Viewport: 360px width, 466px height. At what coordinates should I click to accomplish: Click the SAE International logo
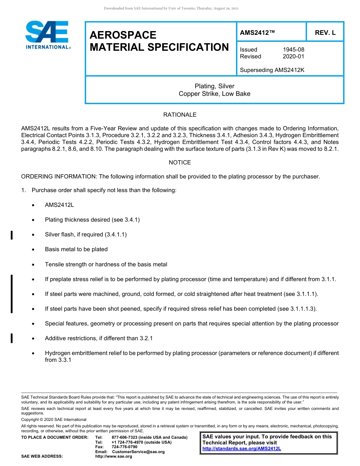point(47,35)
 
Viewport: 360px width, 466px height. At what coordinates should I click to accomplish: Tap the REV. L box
point(325,33)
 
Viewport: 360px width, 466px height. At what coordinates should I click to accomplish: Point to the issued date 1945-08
point(293,50)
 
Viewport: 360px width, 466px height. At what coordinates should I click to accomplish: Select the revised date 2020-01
point(293,56)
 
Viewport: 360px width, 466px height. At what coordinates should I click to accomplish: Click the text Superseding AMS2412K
point(272,70)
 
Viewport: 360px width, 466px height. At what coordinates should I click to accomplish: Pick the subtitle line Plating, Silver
point(214,86)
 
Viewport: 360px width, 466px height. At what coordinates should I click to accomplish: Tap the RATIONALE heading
point(180,114)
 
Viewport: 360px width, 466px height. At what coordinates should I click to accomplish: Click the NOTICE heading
point(180,163)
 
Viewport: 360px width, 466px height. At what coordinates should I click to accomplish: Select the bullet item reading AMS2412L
point(59,205)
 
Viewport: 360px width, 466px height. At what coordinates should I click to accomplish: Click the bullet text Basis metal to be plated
point(76,249)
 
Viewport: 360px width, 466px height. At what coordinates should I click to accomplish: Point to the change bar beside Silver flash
point(12,235)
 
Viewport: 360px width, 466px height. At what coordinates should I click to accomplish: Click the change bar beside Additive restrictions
point(12,338)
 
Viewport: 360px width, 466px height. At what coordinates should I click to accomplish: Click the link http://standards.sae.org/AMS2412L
point(242,449)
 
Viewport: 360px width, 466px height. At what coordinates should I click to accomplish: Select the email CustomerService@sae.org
point(138,452)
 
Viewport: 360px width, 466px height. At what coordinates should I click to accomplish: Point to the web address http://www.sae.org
point(114,457)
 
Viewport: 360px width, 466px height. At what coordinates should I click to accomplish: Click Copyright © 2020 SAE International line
point(54,419)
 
